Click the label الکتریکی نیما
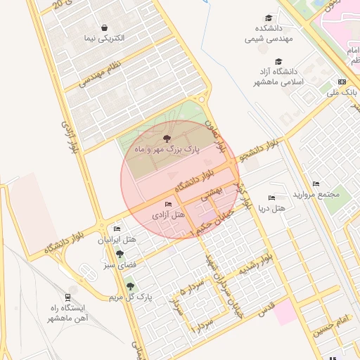click(x=104, y=38)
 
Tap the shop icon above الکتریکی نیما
click(x=105, y=27)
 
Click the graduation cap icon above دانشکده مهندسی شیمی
click(x=269, y=18)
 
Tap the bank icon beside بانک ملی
click(x=342, y=82)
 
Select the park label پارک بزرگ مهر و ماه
click(x=167, y=150)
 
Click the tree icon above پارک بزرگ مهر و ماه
click(x=167, y=139)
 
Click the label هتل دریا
click(x=271, y=209)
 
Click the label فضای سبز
click(x=121, y=265)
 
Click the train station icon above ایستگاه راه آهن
click(x=68, y=297)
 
